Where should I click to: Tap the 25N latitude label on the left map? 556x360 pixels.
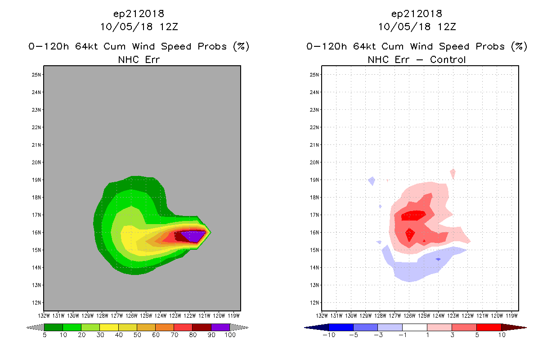coord(37,75)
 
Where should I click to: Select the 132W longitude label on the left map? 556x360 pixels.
coord(44,315)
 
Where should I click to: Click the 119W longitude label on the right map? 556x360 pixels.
coord(512,315)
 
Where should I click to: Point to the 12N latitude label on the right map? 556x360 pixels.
coord(315,302)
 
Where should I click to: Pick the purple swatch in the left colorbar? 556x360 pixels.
coord(220,327)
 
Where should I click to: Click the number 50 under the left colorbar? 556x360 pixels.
coord(137,335)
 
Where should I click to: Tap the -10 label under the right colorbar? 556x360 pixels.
coord(328,335)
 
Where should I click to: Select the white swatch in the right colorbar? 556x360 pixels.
coord(414,327)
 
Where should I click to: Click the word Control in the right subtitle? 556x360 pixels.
coord(448,59)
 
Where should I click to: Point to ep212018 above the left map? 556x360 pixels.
coord(139,14)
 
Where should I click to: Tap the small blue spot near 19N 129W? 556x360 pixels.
coord(372,181)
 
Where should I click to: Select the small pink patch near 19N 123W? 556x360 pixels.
coord(453,173)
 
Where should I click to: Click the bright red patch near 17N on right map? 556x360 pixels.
coord(413,216)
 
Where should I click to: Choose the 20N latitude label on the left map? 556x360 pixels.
coord(37,162)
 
